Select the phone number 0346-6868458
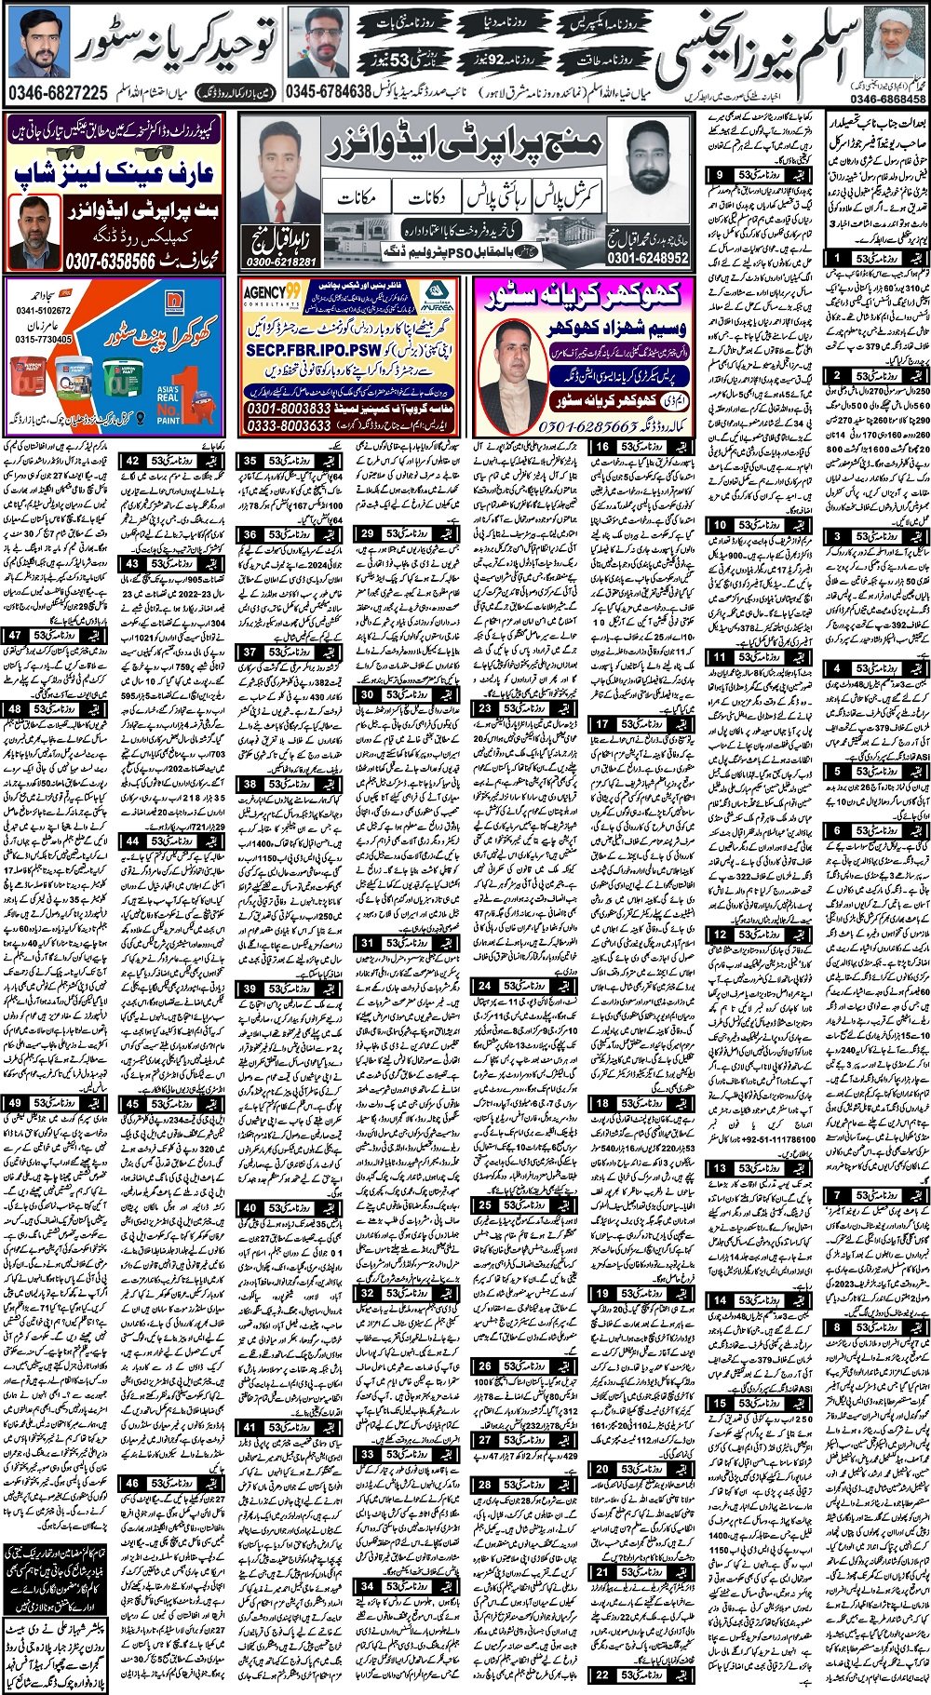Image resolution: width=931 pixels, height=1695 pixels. [x=887, y=99]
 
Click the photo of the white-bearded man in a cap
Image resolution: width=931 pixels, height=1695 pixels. [x=895, y=52]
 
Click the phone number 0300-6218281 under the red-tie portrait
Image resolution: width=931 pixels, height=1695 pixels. [x=278, y=262]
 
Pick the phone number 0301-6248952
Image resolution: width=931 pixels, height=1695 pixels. [x=648, y=258]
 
